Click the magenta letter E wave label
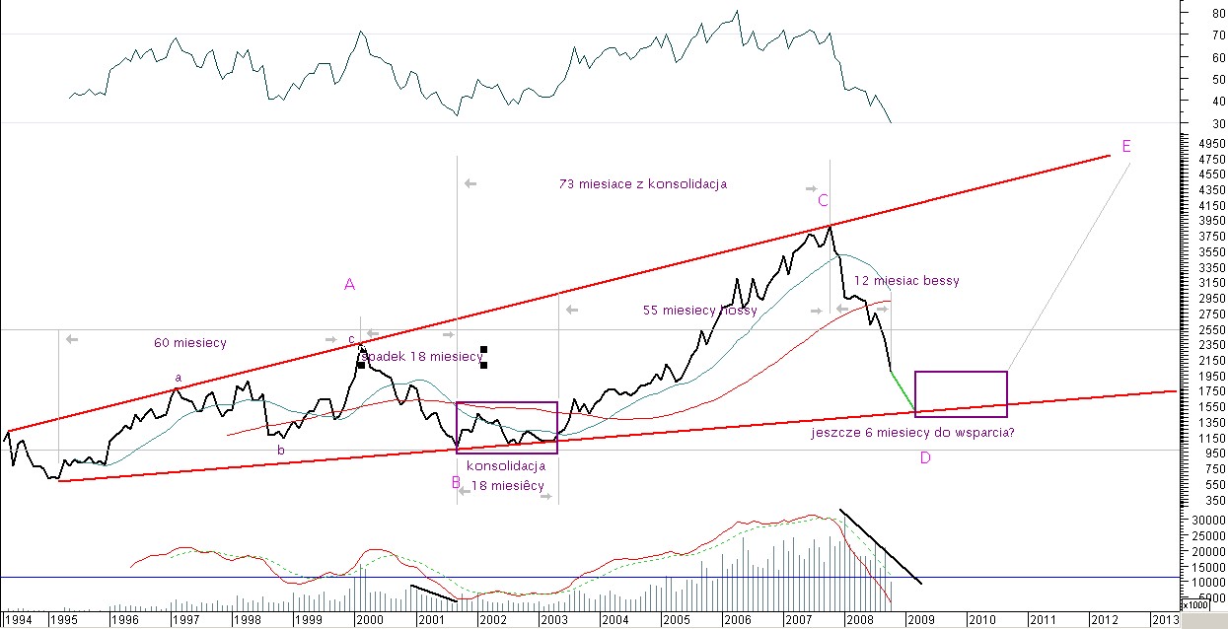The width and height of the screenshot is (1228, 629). (1125, 146)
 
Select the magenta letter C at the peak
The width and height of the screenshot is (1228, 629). (822, 200)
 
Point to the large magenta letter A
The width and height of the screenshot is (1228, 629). (349, 284)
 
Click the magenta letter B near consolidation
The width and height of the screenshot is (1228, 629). (456, 482)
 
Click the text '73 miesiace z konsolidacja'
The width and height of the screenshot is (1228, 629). (643, 183)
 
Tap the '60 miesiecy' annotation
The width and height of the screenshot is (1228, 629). (190, 343)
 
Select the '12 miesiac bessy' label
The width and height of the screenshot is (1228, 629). (906, 281)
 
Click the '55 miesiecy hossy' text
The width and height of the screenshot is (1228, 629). (700, 311)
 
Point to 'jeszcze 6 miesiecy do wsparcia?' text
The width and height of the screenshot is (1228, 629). (912, 432)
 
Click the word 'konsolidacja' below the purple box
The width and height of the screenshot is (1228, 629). (506, 465)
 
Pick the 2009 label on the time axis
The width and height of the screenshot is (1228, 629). (920, 619)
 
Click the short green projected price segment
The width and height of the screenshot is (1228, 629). (903, 391)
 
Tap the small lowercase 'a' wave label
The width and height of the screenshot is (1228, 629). (179, 377)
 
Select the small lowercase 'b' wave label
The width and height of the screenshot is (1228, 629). (280, 450)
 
